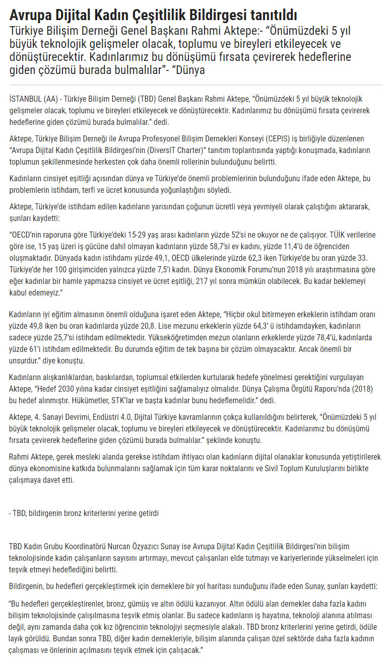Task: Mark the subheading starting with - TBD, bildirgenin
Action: (84, 513)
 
